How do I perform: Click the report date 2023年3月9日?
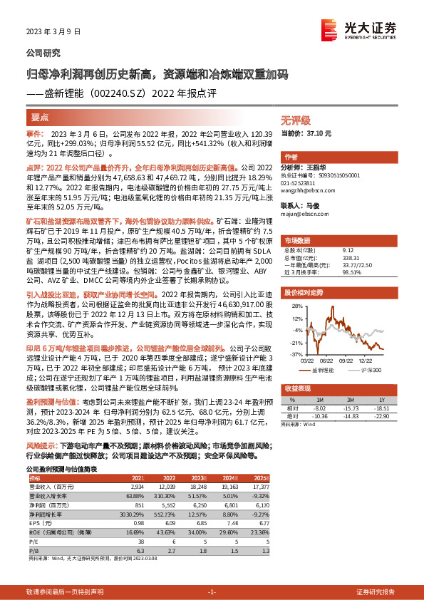click(50, 32)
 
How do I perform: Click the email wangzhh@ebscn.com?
click(309, 191)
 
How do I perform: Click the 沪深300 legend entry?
click(371, 370)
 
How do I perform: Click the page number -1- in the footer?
click(211, 572)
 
